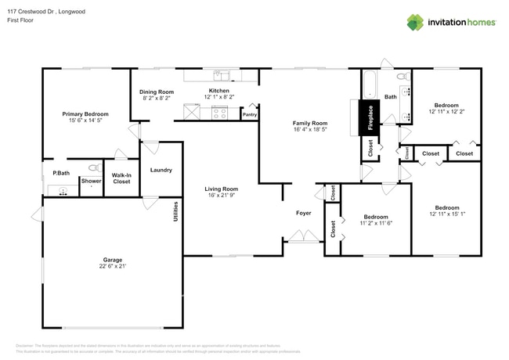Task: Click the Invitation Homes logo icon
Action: [415, 22]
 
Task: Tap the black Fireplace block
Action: [370, 119]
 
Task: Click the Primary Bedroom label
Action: [85, 114]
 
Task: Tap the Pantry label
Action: [250, 115]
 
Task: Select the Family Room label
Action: [310, 123]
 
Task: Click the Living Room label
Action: [222, 189]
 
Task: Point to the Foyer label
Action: [303, 212]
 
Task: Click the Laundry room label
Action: [161, 170]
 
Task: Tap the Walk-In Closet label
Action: [121, 178]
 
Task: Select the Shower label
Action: [91, 181]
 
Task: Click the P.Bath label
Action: [59, 173]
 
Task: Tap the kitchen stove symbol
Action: [219, 113]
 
